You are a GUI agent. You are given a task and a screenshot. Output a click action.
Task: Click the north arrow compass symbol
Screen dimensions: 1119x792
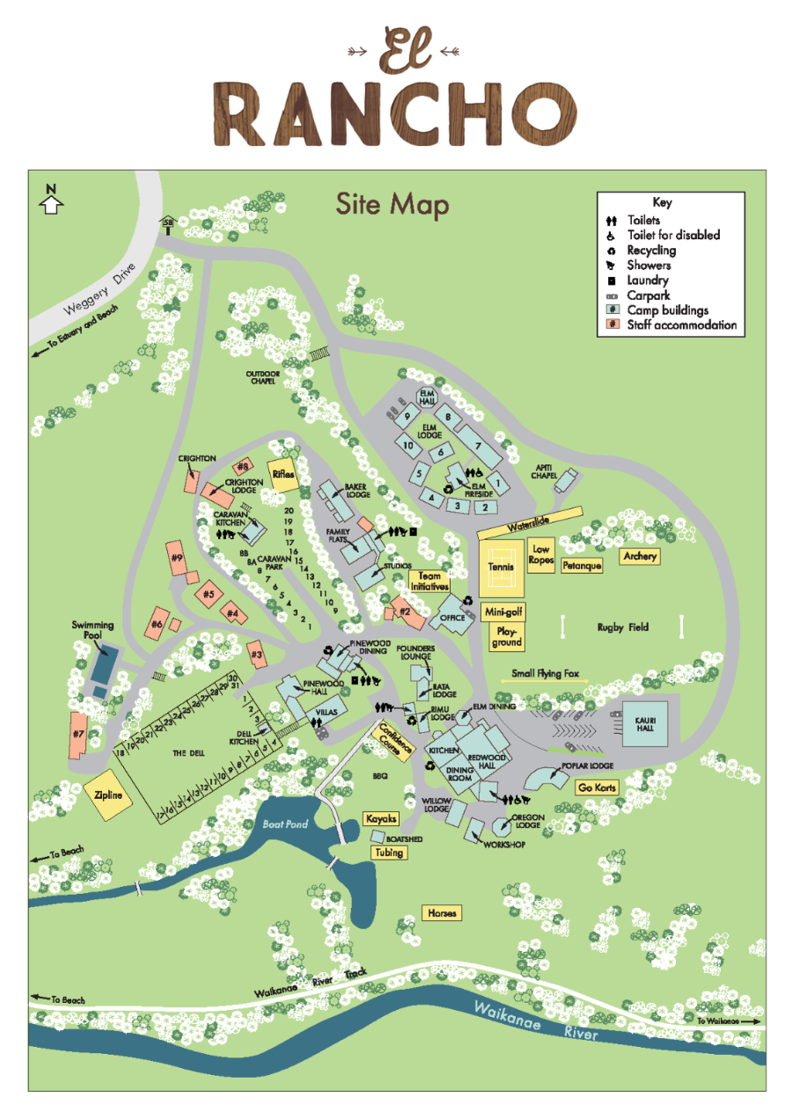(51, 201)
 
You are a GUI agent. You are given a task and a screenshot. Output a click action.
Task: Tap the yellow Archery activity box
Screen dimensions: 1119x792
(640, 556)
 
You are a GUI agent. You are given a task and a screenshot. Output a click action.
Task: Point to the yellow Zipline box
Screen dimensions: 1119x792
(108, 795)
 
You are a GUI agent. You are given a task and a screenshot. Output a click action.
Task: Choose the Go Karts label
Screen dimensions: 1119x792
(598, 787)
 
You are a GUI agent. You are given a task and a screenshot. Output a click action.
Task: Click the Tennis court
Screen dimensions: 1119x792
(500, 567)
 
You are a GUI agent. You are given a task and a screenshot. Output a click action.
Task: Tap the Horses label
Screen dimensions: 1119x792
(442, 913)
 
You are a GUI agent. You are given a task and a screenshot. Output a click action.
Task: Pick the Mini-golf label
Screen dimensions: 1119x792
(503, 611)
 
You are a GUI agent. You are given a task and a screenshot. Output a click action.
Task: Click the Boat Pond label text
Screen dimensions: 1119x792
(284, 824)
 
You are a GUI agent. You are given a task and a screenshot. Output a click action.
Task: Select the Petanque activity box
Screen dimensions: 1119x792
(582, 566)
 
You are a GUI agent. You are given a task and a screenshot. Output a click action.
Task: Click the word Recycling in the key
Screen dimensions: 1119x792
(651, 250)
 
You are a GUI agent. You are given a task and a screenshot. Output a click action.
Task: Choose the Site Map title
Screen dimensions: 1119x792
(392, 205)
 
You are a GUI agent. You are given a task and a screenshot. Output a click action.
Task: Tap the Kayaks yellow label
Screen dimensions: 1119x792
(380, 819)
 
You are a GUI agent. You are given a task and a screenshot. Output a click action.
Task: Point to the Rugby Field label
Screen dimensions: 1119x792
(622, 627)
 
